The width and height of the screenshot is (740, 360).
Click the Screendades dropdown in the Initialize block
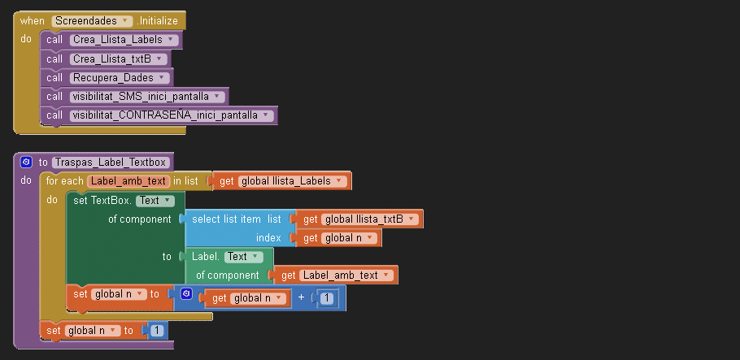pyautogui.click(x=92, y=20)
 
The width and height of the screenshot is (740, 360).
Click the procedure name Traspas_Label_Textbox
pyautogui.click(x=111, y=162)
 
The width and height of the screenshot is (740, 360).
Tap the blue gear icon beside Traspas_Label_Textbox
pyautogui.click(x=26, y=162)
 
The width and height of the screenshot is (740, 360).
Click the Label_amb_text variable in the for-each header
pyautogui.click(x=128, y=180)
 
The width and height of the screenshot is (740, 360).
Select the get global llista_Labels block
pyautogui.click(x=281, y=180)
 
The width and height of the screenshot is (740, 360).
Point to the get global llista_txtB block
pyautogui.click(x=358, y=219)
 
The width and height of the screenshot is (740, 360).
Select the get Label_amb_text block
pyautogui.click(x=334, y=275)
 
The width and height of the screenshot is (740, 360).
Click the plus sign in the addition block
pyautogui.click(x=302, y=298)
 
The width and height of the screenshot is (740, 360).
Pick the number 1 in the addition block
pyautogui.click(x=326, y=299)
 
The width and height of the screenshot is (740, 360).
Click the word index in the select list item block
pyautogui.click(x=268, y=238)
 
